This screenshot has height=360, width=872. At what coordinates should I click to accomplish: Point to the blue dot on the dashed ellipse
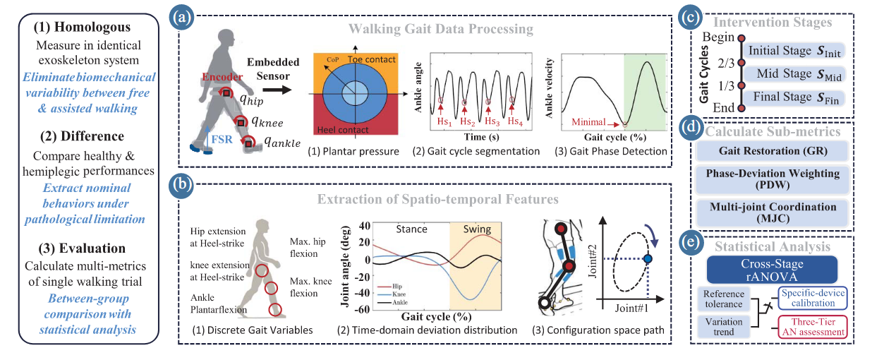[x=648, y=259]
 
